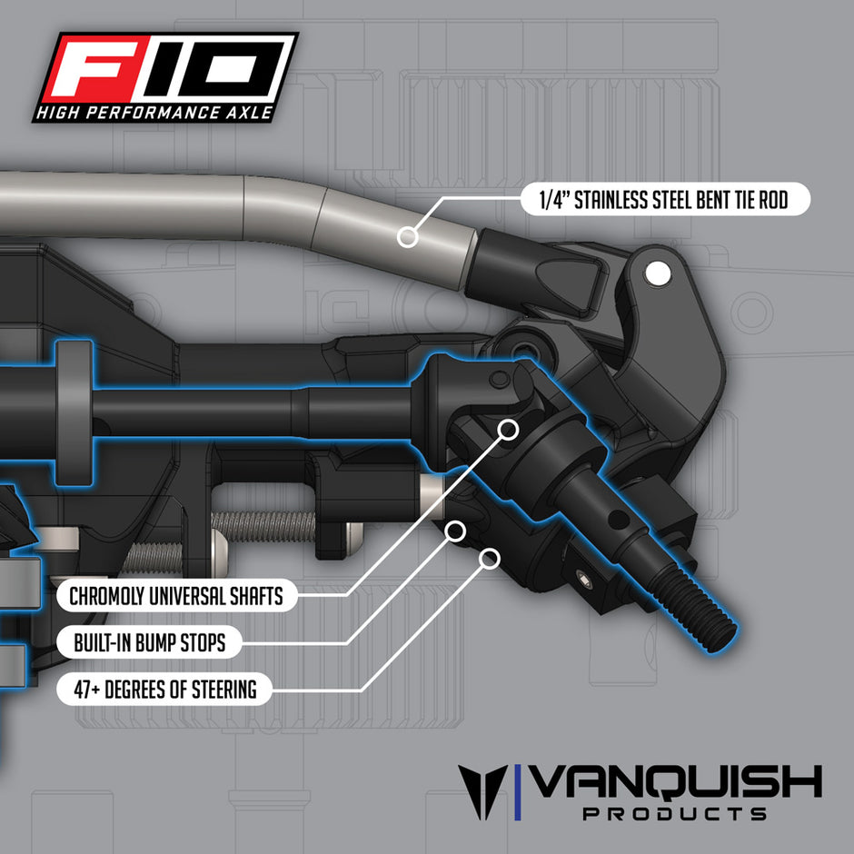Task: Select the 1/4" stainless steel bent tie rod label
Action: click(x=665, y=200)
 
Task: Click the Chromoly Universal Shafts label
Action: click(x=175, y=597)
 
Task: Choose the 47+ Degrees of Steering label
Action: click(x=164, y=690)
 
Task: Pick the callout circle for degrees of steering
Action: click(x=491, y=557)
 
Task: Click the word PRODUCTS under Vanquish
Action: click(x=674, y=813)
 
